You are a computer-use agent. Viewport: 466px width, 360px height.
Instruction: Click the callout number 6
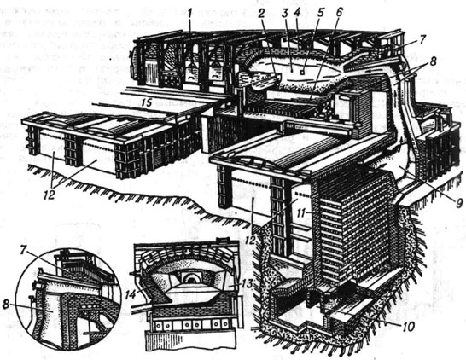coord(339,14)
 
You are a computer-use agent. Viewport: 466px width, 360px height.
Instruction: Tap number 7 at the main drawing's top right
coord(423,39)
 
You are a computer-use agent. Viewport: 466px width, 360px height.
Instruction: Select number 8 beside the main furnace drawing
coord(433,61)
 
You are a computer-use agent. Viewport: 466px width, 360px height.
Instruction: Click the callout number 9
coord(459,203)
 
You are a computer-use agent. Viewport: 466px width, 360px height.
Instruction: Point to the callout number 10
coord(408,327)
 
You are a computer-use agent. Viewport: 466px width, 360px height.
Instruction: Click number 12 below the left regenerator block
coord(50,195)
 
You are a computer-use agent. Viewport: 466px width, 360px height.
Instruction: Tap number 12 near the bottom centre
coord(251,240)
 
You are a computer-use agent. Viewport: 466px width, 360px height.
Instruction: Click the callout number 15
coord(146,103)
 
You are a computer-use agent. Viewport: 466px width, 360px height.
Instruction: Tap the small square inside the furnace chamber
coord(302,73)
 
